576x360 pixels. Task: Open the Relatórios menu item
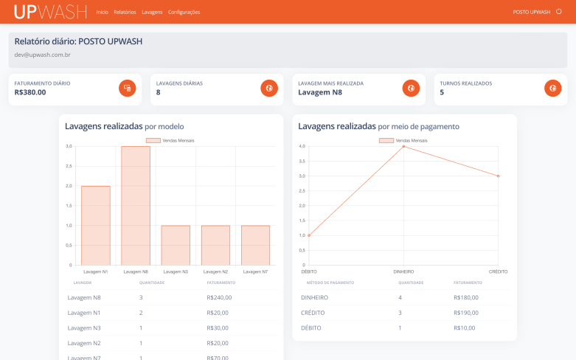click(125, 13)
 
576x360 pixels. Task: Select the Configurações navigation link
click(184, 13)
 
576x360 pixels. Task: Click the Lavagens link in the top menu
click(152, 13)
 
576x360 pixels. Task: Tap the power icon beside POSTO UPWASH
click(558, 12)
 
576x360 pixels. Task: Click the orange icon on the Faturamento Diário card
click(128, 88)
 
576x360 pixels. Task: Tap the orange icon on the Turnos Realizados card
click(552, 88)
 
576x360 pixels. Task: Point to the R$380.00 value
click(30, 92)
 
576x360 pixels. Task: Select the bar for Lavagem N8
click(136, 205)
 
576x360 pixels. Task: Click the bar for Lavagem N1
click(96, 225)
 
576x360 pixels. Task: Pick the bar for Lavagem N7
click(255, 245)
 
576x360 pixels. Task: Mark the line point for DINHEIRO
click(403, 146)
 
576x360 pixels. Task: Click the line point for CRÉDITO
click(499, 176)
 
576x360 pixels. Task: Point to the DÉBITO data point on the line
click(309, 235)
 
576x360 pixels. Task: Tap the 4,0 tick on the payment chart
click(301, 146)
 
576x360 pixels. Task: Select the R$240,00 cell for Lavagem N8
click(219, 297)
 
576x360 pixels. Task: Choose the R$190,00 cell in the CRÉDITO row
click(466, 313)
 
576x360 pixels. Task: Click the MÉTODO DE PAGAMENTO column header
click(330, 283)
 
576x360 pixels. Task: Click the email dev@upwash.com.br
click(43, 55)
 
